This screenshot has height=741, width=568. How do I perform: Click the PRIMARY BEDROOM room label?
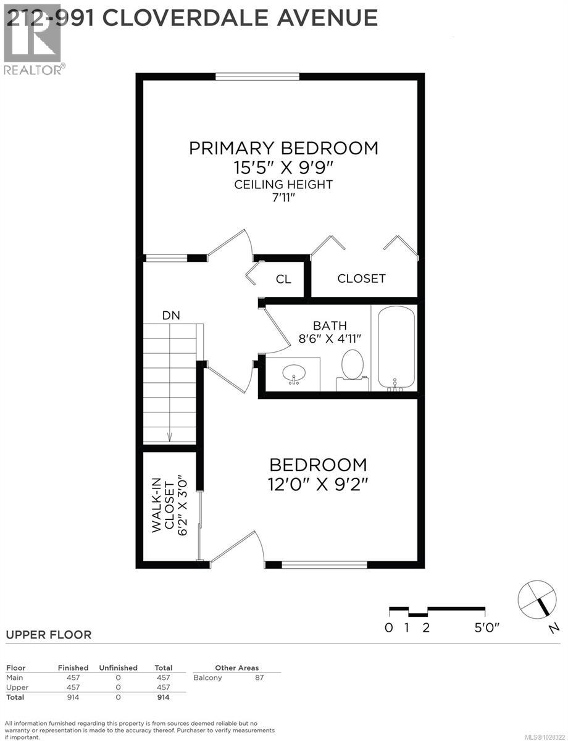pos(283,148)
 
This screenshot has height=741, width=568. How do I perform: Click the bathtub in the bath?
pos(394,348)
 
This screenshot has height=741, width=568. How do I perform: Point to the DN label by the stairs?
pos(171,315)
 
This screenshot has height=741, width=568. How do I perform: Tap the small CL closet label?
pos(283,279)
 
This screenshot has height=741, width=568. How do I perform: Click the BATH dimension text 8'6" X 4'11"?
pos(330,338)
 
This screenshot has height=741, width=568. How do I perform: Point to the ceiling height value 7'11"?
pos(283,198)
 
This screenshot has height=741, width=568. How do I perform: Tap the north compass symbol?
pos(535,598)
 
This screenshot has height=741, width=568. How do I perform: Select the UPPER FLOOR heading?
pos(49,635)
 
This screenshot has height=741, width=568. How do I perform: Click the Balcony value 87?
pos(259,677)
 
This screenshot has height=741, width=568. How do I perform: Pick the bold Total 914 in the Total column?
pos(163,697)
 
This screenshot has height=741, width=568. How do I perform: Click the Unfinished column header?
pos(118,668)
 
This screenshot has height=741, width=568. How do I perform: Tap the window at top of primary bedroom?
pos(257,77)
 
